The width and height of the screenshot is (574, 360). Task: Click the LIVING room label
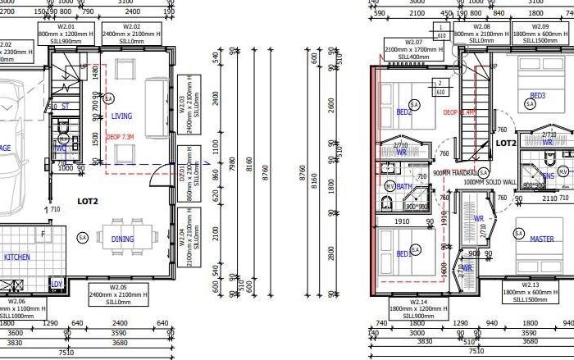click(x=121, y=116)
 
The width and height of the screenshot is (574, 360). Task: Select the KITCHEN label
click(x=16, y=257)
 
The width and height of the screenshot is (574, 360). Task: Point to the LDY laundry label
click(x=57, y=285)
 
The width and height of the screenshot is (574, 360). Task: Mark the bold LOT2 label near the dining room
click(x=89, y=200)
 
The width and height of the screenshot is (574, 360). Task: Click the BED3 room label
click(x=537, y=95)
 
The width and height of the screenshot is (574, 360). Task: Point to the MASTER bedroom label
click(x=541, y=239)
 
